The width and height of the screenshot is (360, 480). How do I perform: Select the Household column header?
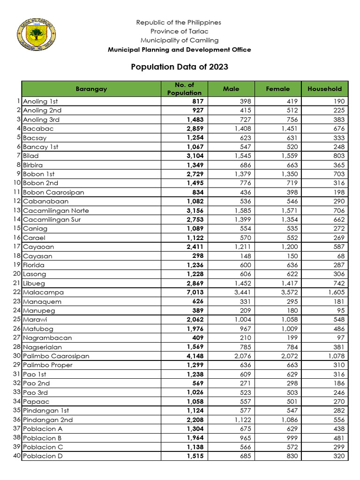(x=324, y=89)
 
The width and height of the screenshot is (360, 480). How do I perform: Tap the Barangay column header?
(x=91, y=89)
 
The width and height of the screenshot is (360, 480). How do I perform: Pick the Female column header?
(x=277, y=89)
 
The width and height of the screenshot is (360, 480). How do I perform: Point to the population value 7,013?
(x=195, y=292)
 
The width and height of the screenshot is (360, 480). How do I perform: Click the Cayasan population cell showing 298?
(x=197, y=256)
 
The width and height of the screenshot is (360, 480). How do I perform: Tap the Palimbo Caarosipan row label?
(x=56, y=356)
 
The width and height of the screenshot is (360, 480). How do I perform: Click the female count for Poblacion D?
(x=291, y=456)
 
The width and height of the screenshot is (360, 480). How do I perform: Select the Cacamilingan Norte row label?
(x=56, y=210)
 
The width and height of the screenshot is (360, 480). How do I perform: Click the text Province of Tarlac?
(x=179, y=31)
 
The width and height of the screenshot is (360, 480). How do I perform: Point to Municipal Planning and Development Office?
(x=180, y=50)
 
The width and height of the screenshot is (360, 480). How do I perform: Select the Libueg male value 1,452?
(x=243, y=283)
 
